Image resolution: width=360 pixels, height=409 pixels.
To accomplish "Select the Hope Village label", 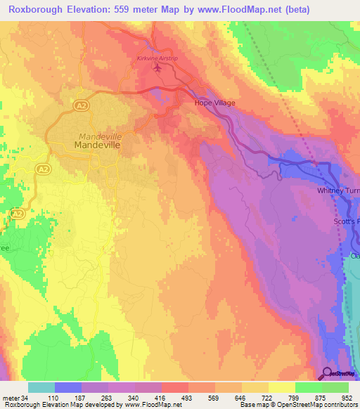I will pyautogui.click(x=214, y=103).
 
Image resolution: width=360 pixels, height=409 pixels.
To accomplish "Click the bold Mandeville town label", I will pyautogui.click(x=98, y=145).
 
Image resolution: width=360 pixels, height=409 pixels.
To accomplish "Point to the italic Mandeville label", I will pyautogui.click(x=101, y=135).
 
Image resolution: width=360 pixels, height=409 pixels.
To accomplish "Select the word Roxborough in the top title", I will pyautogui.click(x=34, y=10).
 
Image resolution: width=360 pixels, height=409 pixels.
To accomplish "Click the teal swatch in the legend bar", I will pyautogui.click(x=41, y=387).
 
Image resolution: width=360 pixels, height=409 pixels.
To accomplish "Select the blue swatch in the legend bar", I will pyautogui.click(x=68, y=387).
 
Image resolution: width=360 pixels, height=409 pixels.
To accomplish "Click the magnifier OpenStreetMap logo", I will pyautogui.click(x=327, y=374).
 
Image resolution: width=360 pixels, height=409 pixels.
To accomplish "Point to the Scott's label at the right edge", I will pyautogui.click(x=346, y=222).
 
